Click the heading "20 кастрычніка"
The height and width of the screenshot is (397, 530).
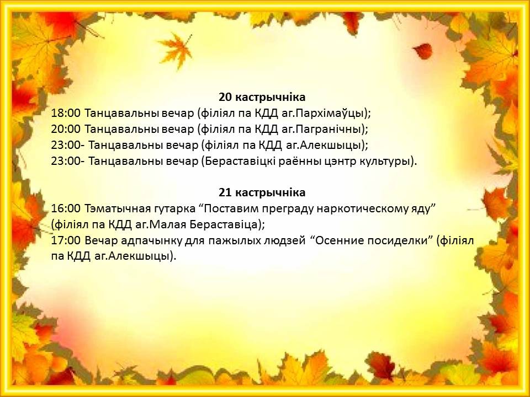pyautogui.click(x=262, y=97)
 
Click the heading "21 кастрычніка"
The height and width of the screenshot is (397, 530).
pyautogui.click(x=262, y=193)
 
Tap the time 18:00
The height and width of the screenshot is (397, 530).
pyautogui.click(x=66, y=113)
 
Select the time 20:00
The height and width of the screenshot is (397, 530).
pyautogui.click(x=66, y=129)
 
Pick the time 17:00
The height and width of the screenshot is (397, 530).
pyautogui.click(x=66, y=241)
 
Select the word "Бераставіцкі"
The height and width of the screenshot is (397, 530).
pyautogui.click(x=243, y=162)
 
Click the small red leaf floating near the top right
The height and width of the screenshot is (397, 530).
pyautogui.click(x=422, y=51)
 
